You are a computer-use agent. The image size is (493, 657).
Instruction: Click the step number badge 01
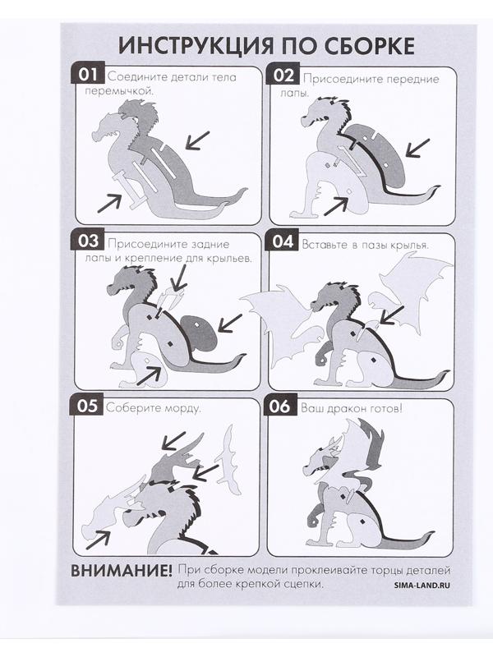(x=87, y=75)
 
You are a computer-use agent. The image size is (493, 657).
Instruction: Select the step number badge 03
(x=88, y=241)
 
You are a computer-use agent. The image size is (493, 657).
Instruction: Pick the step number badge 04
(x=283, y=241)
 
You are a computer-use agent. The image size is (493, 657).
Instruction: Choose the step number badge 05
(x=87, y=406)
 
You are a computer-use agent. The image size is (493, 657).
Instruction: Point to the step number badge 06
(x=280, y=406)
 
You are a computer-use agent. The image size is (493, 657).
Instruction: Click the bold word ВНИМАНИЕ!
(x=121, y=570)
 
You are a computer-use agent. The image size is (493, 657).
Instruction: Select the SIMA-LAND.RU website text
(x=422, y=585)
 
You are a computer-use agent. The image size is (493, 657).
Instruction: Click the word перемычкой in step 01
(x=117, y=90)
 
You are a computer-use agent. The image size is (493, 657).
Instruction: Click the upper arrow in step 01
(x=197, y=140)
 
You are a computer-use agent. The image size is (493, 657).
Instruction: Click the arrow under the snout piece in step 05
(x=98, y=540)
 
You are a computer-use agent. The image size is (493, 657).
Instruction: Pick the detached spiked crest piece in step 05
(x=228, y=461)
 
